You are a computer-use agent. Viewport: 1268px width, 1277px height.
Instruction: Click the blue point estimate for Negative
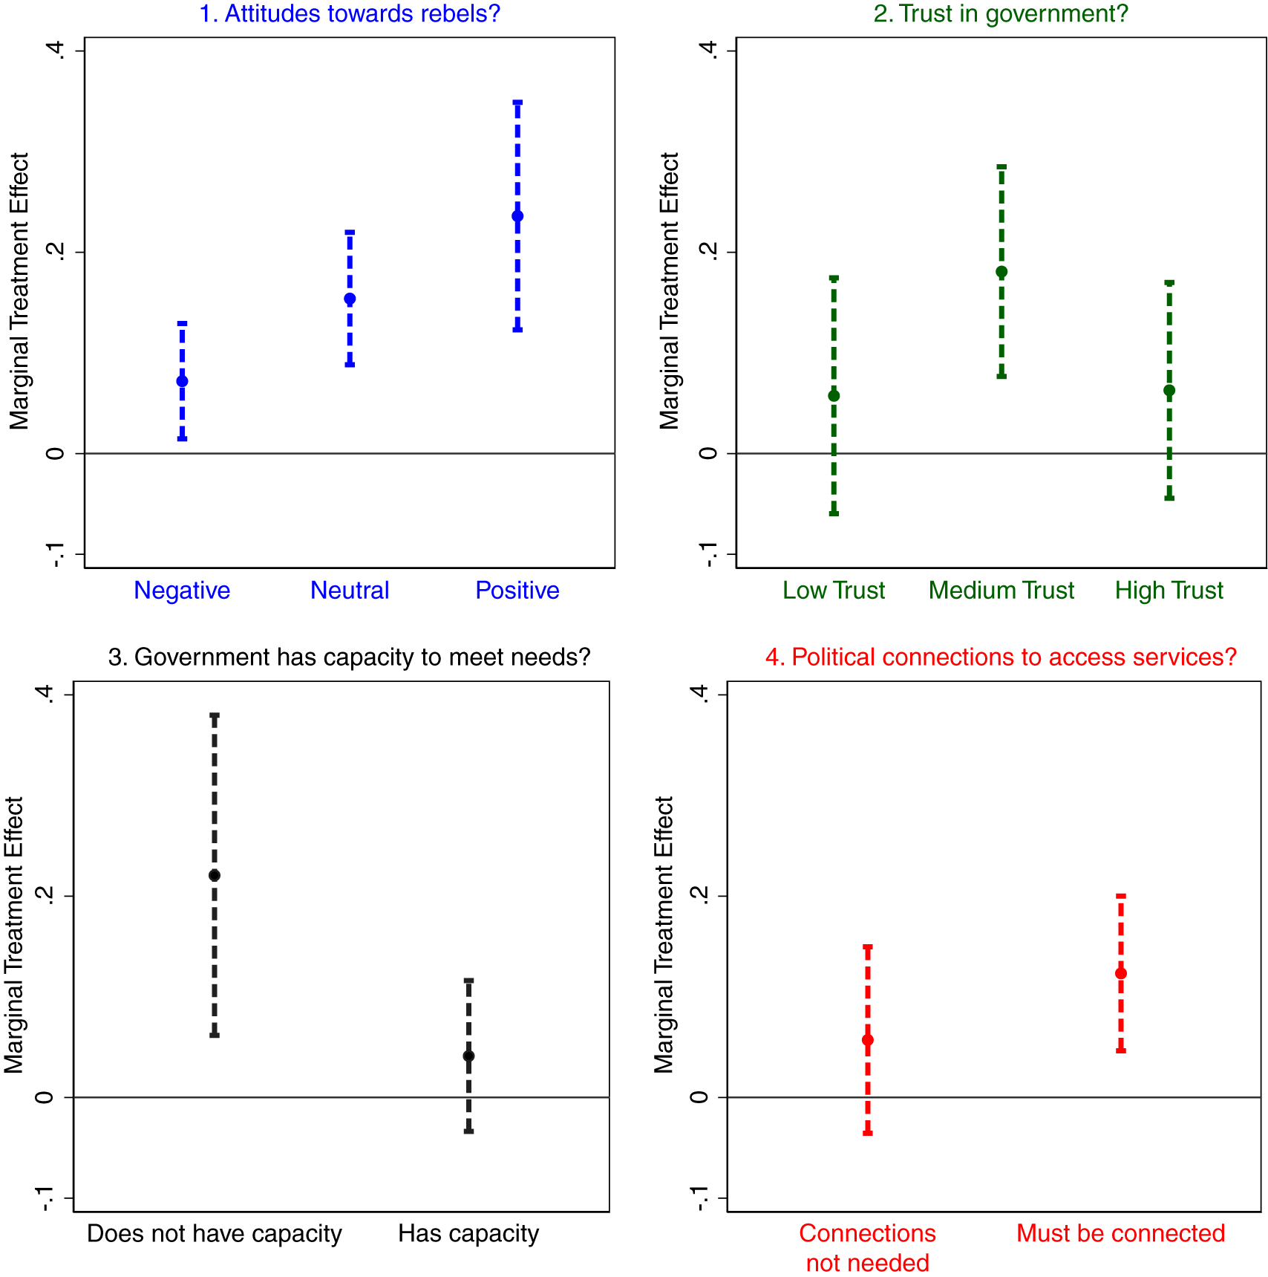click(x=182, y=381)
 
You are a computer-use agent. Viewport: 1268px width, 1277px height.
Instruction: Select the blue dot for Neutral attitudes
click(x=350, y=299)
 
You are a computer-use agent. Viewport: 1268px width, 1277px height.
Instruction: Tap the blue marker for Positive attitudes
click(x=517, y=216)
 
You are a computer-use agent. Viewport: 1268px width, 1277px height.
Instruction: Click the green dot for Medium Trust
click(x=1001, y=272)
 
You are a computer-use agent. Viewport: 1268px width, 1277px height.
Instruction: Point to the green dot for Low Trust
click(x=834, y=395)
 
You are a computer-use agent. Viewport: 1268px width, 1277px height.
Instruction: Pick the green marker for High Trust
click(x=1169, y=391)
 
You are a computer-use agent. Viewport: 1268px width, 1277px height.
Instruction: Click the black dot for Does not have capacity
click(x=215, y=875)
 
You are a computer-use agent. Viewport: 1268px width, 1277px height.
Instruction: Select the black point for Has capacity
click(x=468, y=1056)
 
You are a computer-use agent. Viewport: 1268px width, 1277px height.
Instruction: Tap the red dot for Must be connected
click(x=1121, y=973)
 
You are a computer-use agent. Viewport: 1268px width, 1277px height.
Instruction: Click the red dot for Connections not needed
click(x=868, y=1040)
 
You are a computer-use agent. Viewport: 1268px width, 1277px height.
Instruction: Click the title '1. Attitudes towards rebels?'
click(x=350, y=13)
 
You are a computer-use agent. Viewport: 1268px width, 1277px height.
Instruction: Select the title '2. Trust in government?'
click(x=1001, y=13)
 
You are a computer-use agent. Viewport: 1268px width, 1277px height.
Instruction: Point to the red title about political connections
click(x=1001, y=657)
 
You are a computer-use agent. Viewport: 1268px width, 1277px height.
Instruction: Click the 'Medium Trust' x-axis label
click(x=1001, y=590)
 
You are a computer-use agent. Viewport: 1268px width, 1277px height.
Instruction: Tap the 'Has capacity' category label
click(x=468, y=1233)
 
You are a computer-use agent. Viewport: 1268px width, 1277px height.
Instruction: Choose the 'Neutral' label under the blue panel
click(x=350, y=590)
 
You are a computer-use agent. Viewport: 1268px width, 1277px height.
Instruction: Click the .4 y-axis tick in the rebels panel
click(x=56, y=51)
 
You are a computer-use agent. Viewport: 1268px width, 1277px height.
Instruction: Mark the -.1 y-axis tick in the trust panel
click(x=708, y=554)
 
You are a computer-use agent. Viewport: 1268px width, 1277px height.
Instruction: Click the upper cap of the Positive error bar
click(x=517, y=102)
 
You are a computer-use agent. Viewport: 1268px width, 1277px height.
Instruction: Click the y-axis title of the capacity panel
click(x=14, y=935)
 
